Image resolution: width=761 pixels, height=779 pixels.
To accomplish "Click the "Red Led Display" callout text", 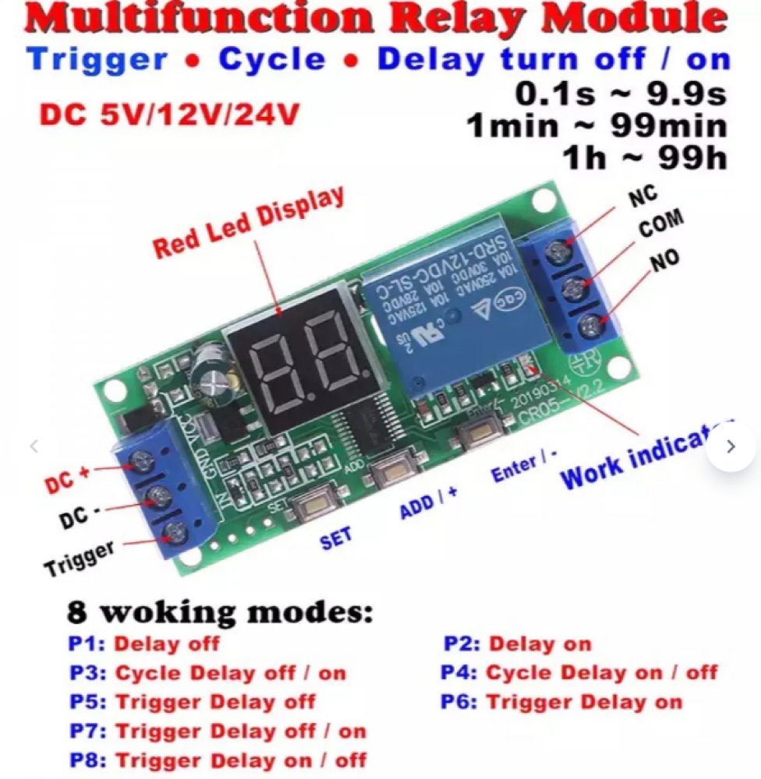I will pyautogui.click(x=248, y=223).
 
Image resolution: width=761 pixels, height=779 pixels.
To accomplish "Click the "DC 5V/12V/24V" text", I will pyautogui.click(x=169, y=115).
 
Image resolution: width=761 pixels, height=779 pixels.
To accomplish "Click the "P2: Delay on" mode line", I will pyautogui.click(x=517, y=644).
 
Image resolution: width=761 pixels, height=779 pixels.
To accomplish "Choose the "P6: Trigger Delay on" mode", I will pyautogui.click(x=561, y=702).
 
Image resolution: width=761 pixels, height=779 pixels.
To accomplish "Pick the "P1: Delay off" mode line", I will pyautogui.click(x=144, y=644).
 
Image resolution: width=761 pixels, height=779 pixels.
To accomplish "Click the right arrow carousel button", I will pyautogui.click(x=731, y=446).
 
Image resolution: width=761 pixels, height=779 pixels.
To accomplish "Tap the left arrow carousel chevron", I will pyautogui.click(x=34, y=446).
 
